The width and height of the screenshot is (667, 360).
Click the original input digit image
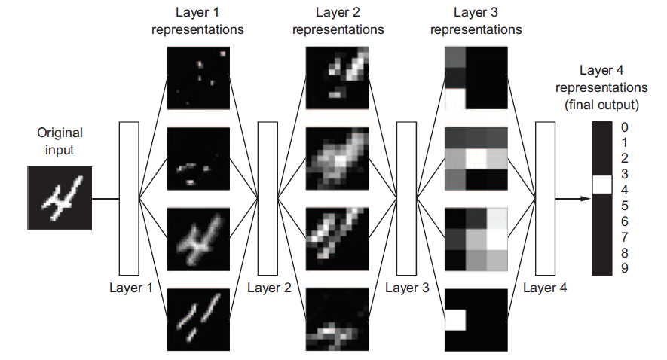point(59,198)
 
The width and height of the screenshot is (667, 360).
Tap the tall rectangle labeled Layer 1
point(129,198)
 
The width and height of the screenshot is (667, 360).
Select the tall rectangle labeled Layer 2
point(268,198)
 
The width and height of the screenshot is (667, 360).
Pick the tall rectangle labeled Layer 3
point(406,198)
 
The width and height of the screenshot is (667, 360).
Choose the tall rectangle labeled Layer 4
point(545,198)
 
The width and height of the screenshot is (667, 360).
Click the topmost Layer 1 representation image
point(198,78)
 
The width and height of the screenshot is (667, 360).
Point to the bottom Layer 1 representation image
point(198,319)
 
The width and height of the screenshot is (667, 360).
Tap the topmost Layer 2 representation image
point(337,78)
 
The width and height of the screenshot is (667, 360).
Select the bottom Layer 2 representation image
point(337,319)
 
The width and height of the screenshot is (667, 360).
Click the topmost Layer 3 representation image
point(476,78)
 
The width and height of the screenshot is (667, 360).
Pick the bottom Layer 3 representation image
point(476,319)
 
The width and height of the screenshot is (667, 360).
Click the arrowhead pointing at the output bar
point(585,199)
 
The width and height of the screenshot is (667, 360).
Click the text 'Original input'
point(60,141)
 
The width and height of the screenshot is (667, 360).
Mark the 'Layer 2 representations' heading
point(338,22)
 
